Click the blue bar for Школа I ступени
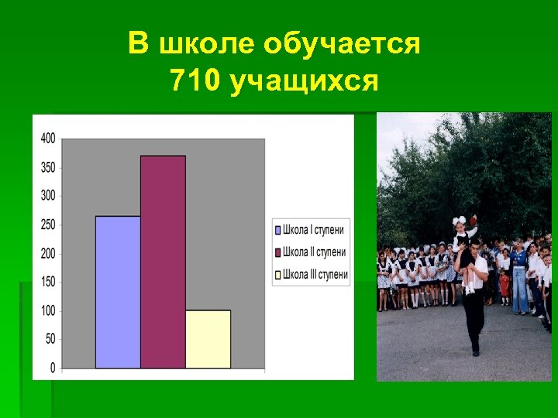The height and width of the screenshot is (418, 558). click(x=118, y=292)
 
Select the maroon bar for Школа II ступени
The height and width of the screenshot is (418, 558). click(x=163, y=262)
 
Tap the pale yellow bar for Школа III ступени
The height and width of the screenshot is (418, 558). click(x=208, y=339)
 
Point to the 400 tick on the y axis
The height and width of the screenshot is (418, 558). click(x=47, y=139)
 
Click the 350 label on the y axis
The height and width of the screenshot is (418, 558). click(x=47, y=167)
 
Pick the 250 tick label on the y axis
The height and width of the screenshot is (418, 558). click(x=47, y=224)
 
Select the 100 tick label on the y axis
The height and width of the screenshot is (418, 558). click(x=47, y=310)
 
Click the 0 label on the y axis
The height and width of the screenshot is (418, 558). click(x=52, y=367)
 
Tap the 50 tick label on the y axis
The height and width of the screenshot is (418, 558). click(x=50, y=339)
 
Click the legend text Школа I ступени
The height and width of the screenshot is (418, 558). click(x=313, y=230)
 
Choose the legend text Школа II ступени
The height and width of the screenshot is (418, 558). click(x=314, y=252)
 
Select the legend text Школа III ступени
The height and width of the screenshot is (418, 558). click(x=315, y=274)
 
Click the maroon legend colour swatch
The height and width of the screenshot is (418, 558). click(x=277, y=252)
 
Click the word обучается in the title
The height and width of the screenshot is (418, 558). click(x=342, y=45)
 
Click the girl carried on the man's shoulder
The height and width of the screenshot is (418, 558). click(x=466, y=236)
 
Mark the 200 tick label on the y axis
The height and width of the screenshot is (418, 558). click(x=47, y=253)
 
